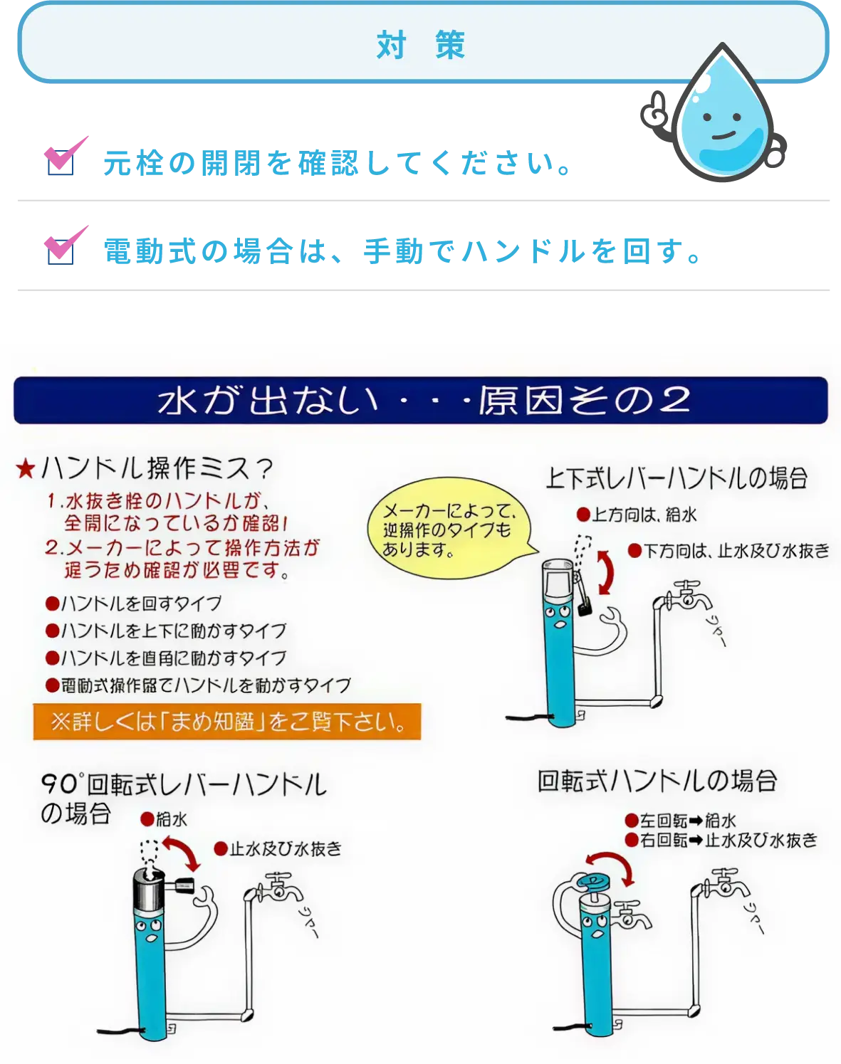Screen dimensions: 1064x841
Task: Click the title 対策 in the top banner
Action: [x=420, y=46]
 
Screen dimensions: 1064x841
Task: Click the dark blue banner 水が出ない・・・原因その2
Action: [x=420, y=401]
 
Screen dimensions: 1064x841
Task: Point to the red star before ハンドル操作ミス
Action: [x=26, y=469]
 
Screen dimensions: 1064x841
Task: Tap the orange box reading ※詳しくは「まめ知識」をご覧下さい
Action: [x=226, y=722]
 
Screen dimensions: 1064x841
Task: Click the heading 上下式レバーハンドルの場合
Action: [x=676, y=478]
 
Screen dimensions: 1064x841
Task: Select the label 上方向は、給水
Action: [x=637, y=515]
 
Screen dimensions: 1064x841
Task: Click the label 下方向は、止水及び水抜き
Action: [x=729, y=551]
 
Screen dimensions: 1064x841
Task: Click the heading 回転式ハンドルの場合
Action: [x=656, y=781]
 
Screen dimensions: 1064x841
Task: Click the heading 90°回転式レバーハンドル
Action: [x=184, y=784]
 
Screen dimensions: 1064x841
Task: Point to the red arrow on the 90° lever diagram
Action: [x=182, y=852]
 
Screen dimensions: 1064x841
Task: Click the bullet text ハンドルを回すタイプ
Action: [x=134, y=604]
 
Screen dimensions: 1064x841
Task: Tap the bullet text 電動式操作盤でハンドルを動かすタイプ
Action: [x=199, y=685]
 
